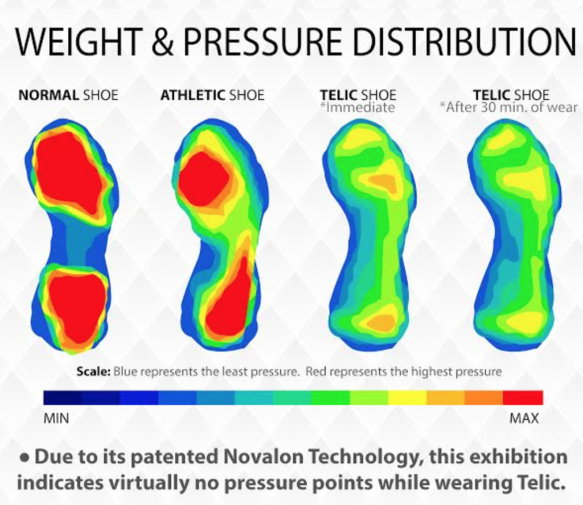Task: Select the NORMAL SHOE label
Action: tap(68, 95)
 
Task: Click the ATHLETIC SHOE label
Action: tap(212, 95)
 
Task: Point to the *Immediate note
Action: tap(358, 107)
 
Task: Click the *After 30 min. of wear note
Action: tap(509, 107)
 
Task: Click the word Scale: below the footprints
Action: tap(93, 372)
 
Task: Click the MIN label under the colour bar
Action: tap(56, 418)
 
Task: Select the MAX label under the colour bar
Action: tap(523, 418)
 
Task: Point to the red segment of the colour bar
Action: tap(523, 397)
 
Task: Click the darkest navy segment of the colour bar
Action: tap(63, 397)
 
